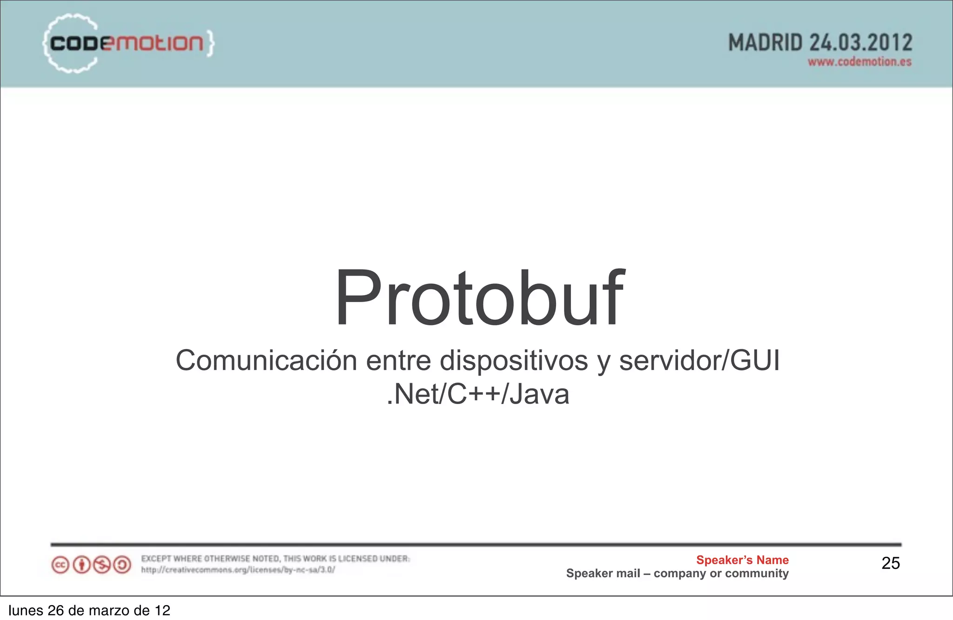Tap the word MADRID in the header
[x=765, y=43]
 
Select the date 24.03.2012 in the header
[x=861, y=43]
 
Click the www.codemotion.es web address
[x=859, y=62]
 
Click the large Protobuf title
[x=479, y=298]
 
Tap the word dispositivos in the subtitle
[x=514, y=360]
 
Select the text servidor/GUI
[x=699, y=360]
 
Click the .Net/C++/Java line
[x=478, y=394]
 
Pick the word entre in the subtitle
[x=398, y=360]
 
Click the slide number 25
[x=891, y=563]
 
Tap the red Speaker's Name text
[x=742, y=560]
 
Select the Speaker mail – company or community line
[x=677, y=573]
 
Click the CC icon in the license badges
[x=60, y=565]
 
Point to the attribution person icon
[x=81, y=565]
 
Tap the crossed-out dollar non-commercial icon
[x=102, y=565]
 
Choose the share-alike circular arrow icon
[x=122, y=565]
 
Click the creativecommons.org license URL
[x=238, y=570]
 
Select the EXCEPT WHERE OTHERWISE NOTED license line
[x=275, y=559]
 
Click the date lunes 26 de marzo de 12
[x=89, y=610]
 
